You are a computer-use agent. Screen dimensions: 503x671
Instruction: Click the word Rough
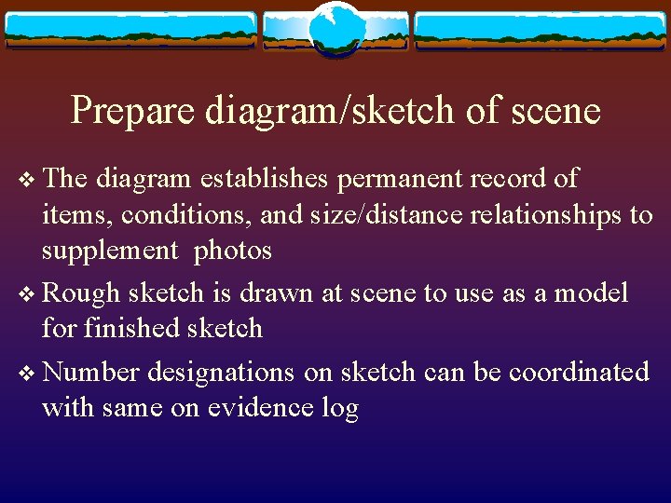point(82,293)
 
